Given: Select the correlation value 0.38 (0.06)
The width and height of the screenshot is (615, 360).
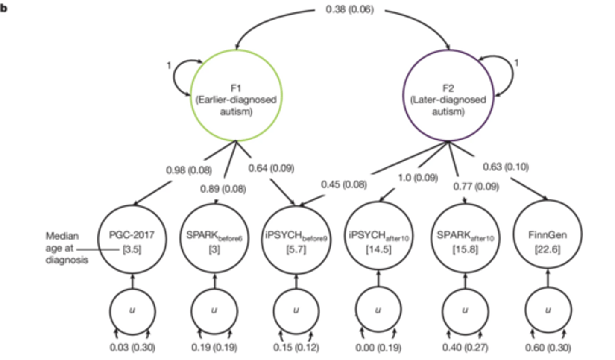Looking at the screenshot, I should point(349,9).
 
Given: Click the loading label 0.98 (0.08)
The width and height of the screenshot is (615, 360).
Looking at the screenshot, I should point(189,170).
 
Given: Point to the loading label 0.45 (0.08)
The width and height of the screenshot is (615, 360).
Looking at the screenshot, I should point(344,184).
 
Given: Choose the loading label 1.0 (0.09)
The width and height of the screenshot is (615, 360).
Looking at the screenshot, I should point(418,177).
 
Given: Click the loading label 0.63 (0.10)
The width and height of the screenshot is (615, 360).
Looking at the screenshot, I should point(506,167).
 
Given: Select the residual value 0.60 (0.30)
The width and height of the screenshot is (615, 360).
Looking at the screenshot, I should point(548,348).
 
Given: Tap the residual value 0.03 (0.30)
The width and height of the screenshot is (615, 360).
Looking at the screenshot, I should point(132,348).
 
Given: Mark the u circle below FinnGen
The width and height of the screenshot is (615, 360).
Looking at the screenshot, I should point(548,310).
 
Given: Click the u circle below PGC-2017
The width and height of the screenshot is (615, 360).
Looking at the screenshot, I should point(132,310).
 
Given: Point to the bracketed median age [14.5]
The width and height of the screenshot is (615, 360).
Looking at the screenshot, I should point(378,249).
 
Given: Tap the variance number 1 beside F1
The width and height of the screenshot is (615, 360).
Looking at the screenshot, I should point(169,65).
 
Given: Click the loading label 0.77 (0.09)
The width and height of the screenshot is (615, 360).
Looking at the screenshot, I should point(476,187).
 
